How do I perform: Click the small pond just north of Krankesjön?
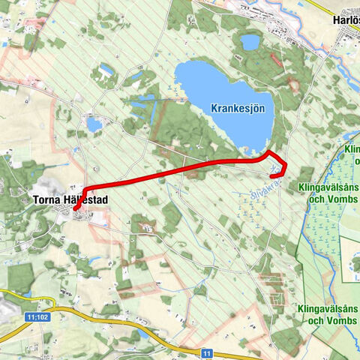click(x=250, y=42)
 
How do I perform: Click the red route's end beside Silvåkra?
click(x=271, y=176)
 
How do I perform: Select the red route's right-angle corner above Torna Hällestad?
click(x=86, y=187)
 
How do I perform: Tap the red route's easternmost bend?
click(x=286, y=166)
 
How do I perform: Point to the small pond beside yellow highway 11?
click(x=143, y=334)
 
